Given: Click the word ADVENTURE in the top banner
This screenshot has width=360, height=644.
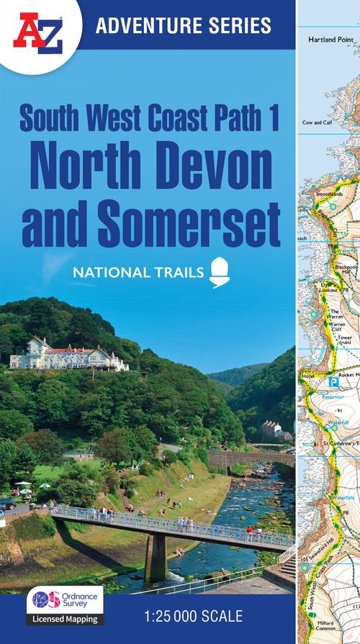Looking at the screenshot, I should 141,27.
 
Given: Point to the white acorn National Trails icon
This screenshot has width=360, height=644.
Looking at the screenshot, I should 218,271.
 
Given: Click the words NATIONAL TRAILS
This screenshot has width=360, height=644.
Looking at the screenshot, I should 137,271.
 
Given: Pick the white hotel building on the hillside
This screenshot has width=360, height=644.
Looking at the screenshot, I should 68,355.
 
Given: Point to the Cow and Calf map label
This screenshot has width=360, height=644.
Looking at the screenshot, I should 317,122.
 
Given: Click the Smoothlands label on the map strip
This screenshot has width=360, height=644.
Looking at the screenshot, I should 329,194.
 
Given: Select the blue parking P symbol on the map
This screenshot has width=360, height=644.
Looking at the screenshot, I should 333,382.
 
